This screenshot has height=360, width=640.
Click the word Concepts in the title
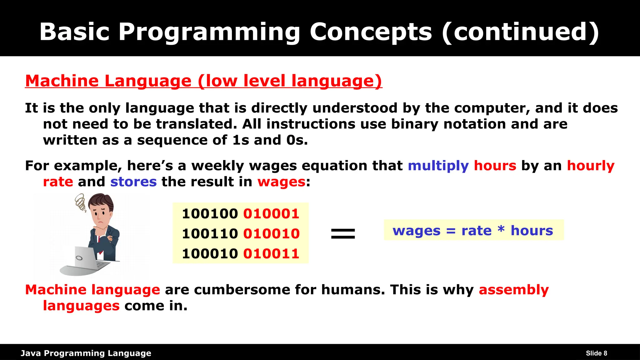[371, 32]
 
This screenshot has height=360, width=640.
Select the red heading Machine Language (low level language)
[203, 81]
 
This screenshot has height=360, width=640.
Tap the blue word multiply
[438, 166]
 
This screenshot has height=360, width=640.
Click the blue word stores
[133, 182]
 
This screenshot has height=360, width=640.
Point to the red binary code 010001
[271, 214]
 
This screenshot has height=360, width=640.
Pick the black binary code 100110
[210, 234]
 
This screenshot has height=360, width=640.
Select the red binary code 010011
[271, 253]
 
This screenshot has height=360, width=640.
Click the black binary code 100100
[210, 214]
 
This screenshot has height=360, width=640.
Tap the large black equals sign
[343, 233]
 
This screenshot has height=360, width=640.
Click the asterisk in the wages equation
[501, 229]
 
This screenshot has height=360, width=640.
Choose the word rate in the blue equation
[476, 231]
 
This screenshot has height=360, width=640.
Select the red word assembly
[513, 290]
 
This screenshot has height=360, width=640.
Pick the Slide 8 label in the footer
[596, 353]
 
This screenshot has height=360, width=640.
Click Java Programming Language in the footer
[86, 353]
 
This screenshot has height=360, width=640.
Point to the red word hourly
[591, 166]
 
